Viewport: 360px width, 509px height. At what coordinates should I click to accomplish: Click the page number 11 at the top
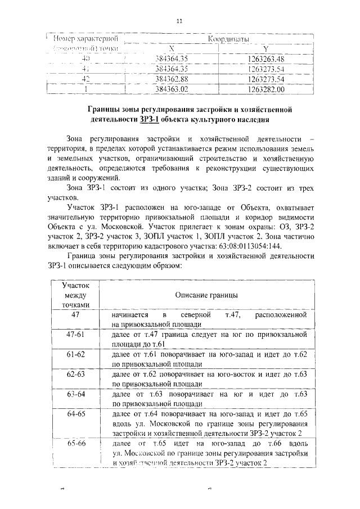[x=180, y=22]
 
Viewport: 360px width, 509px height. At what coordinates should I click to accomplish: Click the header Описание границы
[x=205, y=295]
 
